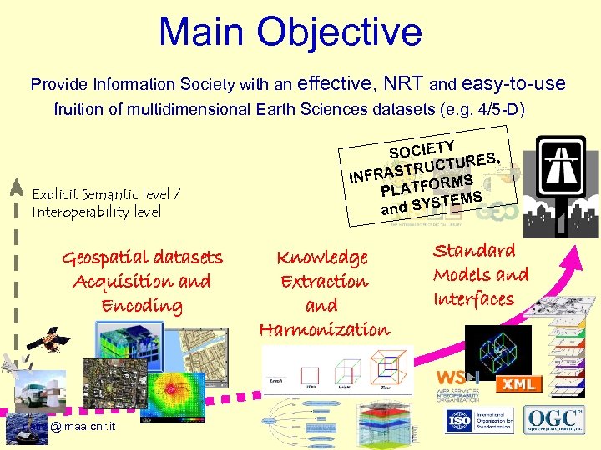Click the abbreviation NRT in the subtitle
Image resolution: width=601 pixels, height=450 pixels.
(x=404, y=84)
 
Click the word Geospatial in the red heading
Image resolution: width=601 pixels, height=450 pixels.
(x=100, y=257)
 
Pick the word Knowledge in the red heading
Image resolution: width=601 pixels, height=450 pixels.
(x=322, y=257)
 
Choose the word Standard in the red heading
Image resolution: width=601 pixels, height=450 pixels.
(x=473, y=250)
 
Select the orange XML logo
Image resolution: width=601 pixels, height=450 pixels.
(x=519, y=384)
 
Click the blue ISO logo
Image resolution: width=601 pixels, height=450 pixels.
(x=457, y=419)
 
